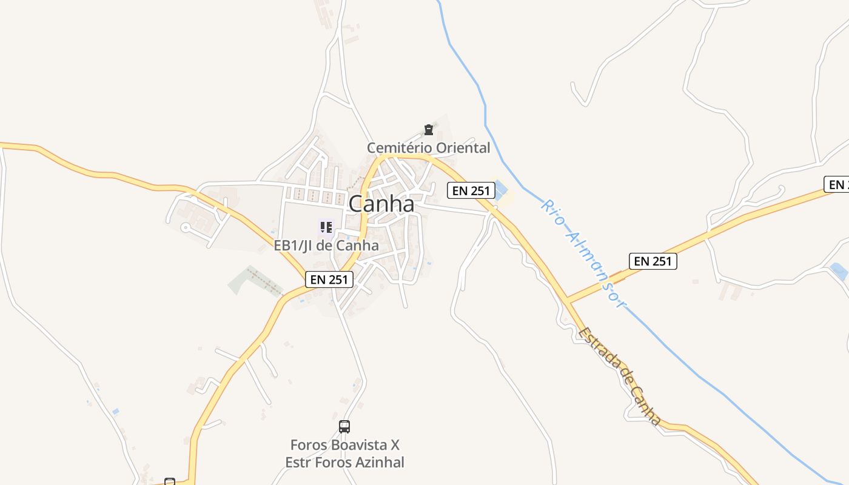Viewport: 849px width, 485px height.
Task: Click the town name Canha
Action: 381,204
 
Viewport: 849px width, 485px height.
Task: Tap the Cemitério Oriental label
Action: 428,147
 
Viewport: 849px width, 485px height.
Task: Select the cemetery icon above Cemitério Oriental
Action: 429,130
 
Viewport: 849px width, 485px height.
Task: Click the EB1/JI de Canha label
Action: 326,246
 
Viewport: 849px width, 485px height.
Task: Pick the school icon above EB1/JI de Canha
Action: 326,227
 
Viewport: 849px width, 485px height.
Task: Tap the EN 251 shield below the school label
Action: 329,279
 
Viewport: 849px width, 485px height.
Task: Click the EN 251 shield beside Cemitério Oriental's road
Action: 471,190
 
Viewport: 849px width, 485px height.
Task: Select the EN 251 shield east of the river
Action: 653,261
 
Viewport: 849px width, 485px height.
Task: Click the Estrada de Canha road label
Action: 619,376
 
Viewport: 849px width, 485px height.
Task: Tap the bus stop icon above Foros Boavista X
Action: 344,427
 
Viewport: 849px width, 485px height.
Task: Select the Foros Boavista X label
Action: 344,445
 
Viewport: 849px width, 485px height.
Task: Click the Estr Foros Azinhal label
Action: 344,463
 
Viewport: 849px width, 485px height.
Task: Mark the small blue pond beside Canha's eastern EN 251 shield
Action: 500,190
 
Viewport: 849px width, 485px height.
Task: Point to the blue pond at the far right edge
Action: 839,271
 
